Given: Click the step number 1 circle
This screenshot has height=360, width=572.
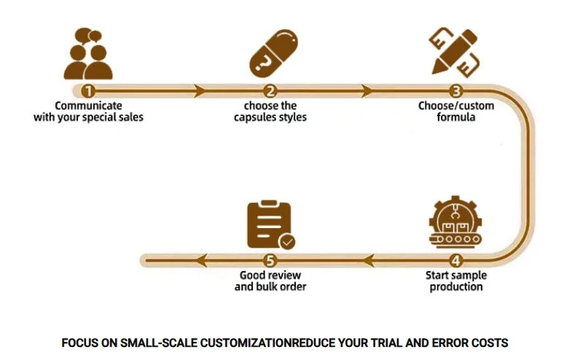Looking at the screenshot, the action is [x=88, y=91].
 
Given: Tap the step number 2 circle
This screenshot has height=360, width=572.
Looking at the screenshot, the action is [x=270, y=91].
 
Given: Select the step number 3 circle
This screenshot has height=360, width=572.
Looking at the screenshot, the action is [x=455, y=91].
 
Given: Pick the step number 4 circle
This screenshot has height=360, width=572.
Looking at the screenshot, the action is [x=455, y=260].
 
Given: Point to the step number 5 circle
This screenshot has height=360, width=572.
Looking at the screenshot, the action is [x=270, y=260].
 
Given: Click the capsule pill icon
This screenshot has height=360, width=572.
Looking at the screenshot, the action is [x=273, y=53].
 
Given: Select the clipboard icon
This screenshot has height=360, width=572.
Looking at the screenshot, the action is [x=271, y=224].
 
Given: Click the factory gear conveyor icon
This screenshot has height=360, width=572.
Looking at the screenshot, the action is [x=455, y=222].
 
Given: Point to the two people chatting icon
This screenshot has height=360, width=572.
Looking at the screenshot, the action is [x=88, y=53].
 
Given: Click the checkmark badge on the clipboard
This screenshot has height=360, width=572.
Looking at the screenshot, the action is [x=287, y=241].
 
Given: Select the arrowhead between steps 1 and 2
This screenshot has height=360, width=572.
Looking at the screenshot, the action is [x=200, y=91].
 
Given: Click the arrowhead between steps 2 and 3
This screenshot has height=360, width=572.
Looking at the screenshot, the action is [x=367, y=91].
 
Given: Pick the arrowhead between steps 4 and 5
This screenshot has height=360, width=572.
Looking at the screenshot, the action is [x=368, y=260].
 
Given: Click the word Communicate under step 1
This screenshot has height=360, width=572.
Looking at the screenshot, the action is [x=88, y=106].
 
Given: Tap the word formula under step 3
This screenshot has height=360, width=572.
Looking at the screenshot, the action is [x=456, y=117].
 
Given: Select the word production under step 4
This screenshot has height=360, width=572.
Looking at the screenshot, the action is [x=456, y=287].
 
